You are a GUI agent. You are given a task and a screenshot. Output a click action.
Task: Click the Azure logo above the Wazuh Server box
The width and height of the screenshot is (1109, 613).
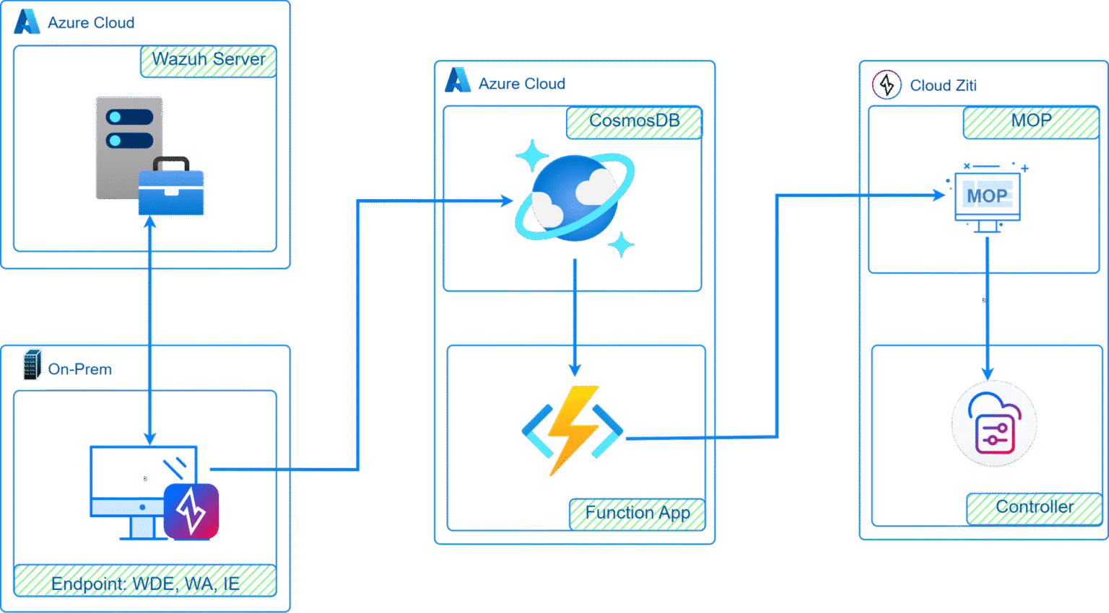(x=27, y=22)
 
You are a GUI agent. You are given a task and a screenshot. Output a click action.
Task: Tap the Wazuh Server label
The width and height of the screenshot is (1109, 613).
(x=209, y=61)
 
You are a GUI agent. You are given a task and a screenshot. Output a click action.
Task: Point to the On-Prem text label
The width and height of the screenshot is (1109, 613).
(x=80, y=369)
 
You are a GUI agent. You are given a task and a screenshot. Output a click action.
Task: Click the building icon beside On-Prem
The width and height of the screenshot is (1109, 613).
(x=32, y=365)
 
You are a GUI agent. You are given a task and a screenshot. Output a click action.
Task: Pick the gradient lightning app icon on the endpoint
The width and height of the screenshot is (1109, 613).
(x=191, y=511)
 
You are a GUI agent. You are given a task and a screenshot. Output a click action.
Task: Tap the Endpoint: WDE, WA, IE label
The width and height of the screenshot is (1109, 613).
(x=145, y=581)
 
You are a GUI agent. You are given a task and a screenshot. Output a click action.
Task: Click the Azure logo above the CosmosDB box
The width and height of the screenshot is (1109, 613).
(x=457, y=81)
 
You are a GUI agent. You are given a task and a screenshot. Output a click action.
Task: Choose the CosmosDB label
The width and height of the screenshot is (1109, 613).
(x=635, y=122)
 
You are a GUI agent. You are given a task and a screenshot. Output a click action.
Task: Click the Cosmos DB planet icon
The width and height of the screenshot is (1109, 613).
(x=575, y=198)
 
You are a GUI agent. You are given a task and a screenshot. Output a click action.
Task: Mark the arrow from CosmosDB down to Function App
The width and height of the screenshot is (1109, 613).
(x=575, y=317)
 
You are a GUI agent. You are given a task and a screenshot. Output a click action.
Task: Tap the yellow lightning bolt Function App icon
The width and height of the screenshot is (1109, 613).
(x=573, y=431)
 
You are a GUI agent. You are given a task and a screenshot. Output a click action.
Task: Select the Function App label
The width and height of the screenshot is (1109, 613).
(x=637, y=513)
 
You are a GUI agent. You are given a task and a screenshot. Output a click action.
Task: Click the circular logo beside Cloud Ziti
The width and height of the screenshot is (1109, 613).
(x=887, y=85)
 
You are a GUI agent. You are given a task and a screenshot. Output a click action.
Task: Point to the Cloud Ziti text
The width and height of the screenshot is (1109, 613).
(x=943, y=86)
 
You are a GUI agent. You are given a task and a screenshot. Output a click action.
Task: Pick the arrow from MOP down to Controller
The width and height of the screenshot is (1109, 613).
(x=987, y=310)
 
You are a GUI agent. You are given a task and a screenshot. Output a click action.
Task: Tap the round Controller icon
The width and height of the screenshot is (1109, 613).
(x=994, y=423)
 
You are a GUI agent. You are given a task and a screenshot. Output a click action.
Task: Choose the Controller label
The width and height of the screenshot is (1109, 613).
(x=1034, y=508)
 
